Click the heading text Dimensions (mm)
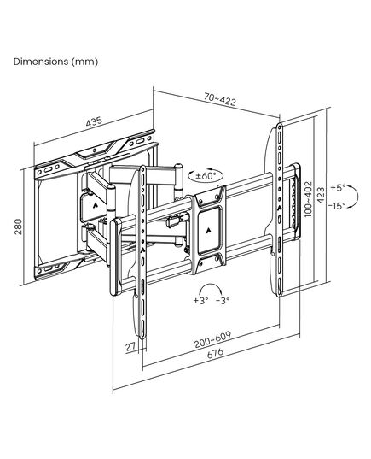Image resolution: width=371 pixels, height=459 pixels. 55,62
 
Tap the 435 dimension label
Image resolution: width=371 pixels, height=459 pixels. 94,121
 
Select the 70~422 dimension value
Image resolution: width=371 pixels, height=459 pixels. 220,99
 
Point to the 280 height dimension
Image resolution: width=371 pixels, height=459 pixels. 19,227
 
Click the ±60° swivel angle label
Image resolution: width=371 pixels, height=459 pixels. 206,176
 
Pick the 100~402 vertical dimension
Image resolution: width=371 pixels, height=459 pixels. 309,199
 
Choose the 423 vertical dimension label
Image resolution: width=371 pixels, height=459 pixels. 321,195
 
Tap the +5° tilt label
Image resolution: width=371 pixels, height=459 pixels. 338,187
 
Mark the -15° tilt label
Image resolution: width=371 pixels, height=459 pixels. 337,206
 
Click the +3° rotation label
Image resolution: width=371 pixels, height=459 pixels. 200,300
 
